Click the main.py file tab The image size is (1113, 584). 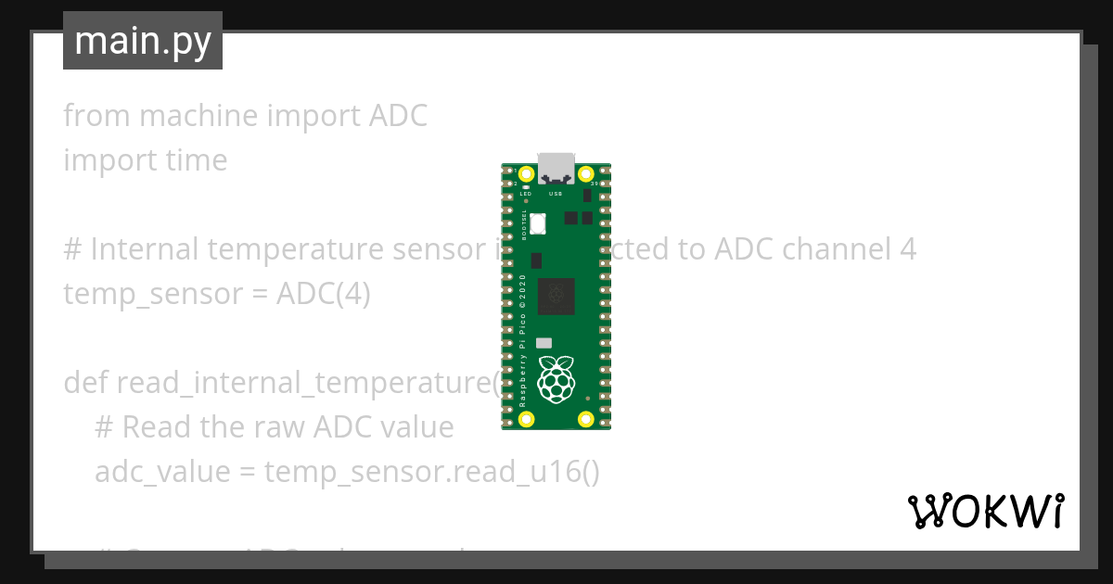[x=143, y=42]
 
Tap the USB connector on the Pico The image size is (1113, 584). [x=556, y=168]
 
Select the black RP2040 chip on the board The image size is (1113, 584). [x=556, y=295]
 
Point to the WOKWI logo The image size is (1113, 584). [x=985, y=511]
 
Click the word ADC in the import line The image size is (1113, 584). [x=398, y=116]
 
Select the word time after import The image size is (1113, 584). [x=196, y=160]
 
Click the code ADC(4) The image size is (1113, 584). [x=324, y=294]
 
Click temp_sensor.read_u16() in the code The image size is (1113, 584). [x=432, y=472]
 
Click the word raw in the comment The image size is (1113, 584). [x=279, y=427]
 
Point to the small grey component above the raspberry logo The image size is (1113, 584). [x=544, y=342]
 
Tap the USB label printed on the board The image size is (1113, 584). [x=556, y=194]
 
